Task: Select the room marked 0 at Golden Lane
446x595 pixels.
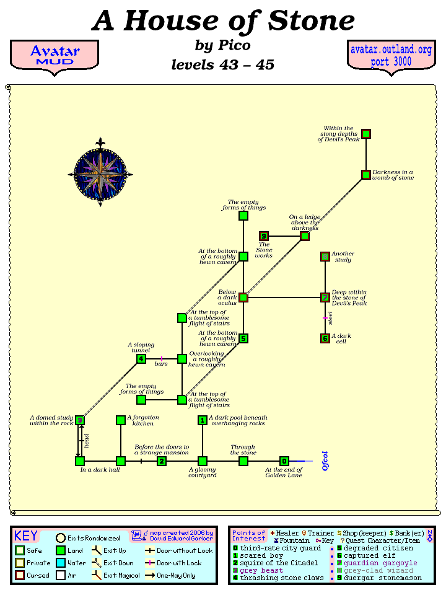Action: point(284,461)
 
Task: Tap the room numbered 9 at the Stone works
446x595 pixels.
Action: point(264,236)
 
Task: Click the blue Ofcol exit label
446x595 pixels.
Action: point(325,461)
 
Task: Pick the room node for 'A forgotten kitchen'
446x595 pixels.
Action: point(121,420)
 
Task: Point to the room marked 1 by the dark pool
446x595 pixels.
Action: point(203,420)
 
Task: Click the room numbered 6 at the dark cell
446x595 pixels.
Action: point(325,338)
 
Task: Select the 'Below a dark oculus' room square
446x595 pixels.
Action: point(243,297)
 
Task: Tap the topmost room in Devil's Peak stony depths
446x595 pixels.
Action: point(366,134)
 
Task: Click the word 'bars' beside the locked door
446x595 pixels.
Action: point(161,364)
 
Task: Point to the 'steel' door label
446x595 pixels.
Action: point(331,319)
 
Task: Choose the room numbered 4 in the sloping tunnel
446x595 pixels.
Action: point(141,359)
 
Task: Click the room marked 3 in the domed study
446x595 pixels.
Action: point(80,420)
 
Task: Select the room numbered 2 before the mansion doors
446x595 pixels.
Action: point(162,461)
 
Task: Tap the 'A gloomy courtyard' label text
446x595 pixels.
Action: point(202,472)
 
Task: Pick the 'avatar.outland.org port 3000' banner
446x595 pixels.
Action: point(391,56)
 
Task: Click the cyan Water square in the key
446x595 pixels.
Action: point(61,563)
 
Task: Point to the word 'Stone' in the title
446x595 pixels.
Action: point(312,22)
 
